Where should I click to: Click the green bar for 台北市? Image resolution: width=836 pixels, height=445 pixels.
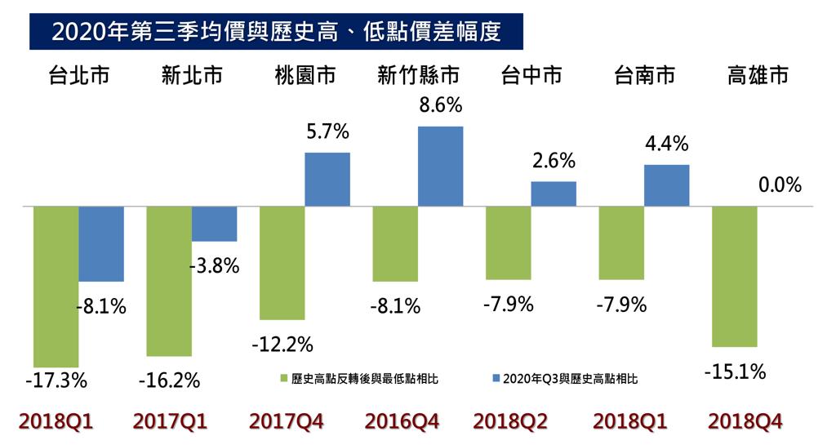[x=56, y=286]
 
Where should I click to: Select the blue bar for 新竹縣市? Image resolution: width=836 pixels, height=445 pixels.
[x=440, y=167]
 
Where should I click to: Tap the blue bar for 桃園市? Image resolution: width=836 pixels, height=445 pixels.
[x=327, y=180]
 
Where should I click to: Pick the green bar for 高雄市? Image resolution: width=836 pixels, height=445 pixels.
[x=735, y=277]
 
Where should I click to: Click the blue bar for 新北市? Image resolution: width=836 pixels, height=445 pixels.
[x=215, y=224]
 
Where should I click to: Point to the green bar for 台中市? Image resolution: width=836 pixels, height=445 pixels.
[x=509, y=243]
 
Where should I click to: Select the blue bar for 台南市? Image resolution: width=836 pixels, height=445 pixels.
[x=666, y=185]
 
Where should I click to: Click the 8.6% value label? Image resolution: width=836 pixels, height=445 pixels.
[x=440, y=105]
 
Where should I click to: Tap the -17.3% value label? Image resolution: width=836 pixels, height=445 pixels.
[x=56, y=380]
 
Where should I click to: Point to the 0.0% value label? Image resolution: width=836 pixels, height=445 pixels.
[x=780, y=185]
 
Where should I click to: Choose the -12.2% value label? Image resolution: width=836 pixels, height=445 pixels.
[x=282, y=345]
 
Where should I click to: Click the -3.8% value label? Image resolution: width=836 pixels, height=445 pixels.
[x=215, y=266]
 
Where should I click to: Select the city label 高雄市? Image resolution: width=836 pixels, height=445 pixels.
[x=758, y=75]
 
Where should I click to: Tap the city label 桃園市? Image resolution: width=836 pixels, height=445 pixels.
[x=305, y=75]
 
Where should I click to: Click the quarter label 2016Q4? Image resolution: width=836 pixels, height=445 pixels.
[x=402, y=421]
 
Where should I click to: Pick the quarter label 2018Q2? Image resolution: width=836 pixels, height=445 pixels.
[x=510, y=421]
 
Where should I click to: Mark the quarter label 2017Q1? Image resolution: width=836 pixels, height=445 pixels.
[x=170, y=421]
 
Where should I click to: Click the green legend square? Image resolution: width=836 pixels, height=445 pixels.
[x=284, y=378]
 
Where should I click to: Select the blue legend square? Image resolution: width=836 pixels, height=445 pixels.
[x=496, y=378]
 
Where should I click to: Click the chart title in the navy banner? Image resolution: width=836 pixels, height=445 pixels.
[x=276, y=32]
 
